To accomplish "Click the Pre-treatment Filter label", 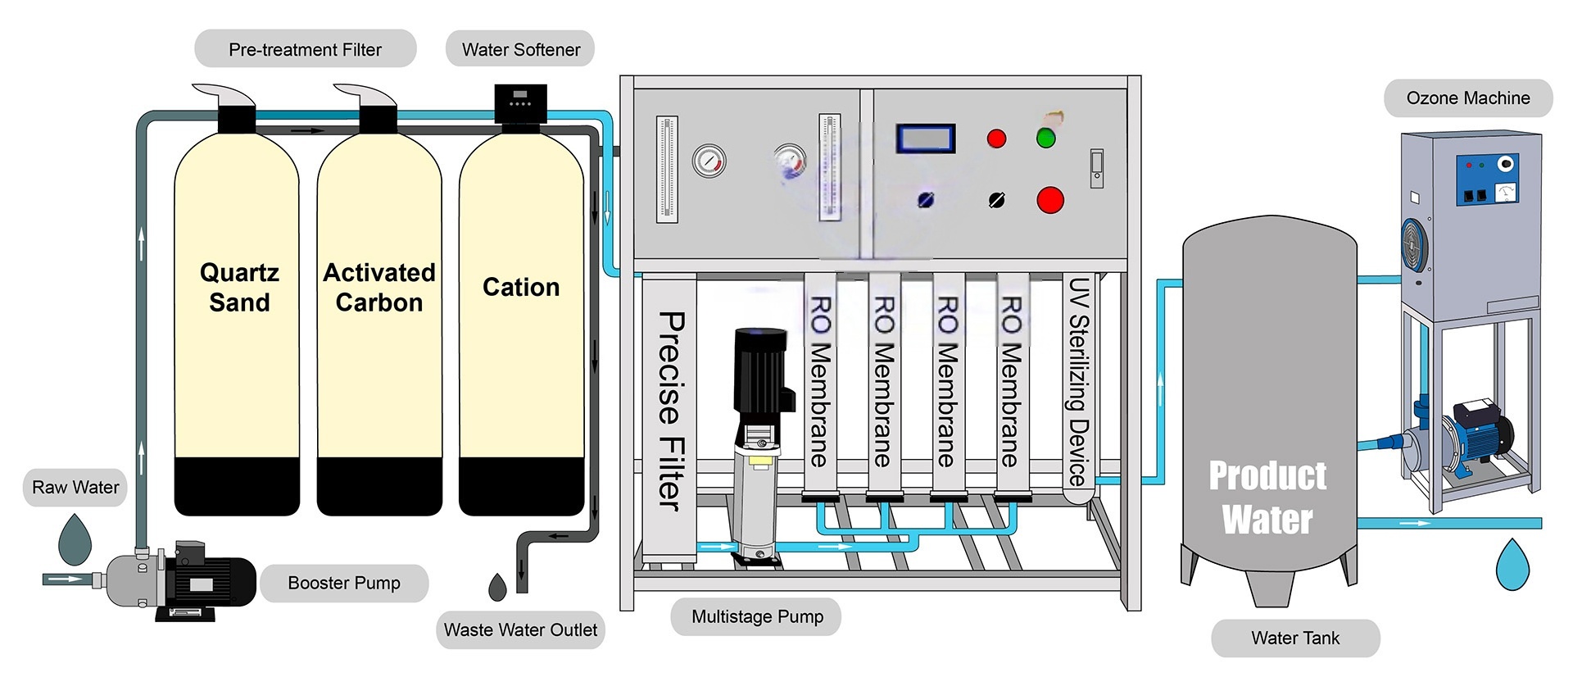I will click(305, 49).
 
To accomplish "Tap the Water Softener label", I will click(520, 49).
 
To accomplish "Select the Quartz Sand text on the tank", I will click(238, 288).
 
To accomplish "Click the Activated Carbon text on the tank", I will click(379, 288).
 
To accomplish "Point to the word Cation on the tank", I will click(520, 287).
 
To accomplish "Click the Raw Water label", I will click(75, 487).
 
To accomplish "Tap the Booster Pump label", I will click(343, 583).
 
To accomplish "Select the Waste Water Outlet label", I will click(520, 629).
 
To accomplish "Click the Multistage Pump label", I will click(757, 616).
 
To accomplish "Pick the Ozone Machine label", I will click(1467, 98).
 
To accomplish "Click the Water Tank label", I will click(1294, 638).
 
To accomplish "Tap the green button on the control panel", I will click(1046, 138).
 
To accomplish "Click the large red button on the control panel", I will click(1050, 200).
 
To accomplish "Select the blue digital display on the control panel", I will click(926, 139).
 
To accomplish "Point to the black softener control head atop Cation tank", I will click(520, 105).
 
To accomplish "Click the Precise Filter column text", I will click(670, 410).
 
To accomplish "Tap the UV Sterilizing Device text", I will click(1078, 381).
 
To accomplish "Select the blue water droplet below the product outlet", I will click(1512, 564).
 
